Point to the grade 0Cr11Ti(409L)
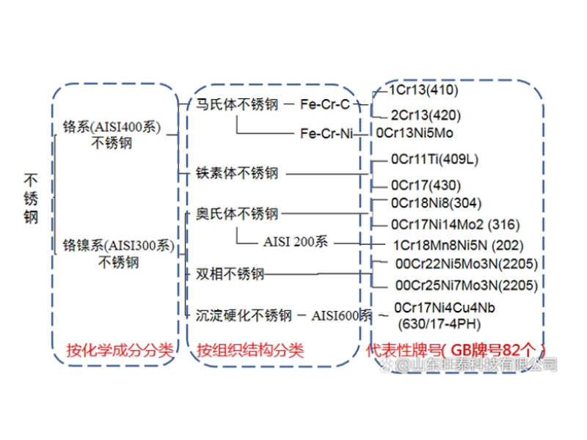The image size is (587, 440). [434, 159]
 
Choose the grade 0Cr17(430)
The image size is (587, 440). [426, 185]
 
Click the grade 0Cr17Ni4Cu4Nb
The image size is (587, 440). [444, 307]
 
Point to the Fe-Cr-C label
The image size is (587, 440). [325, 105]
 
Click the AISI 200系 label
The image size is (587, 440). [295, 242]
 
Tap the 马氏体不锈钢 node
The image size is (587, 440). [237, 105]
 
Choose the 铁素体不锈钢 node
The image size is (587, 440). [237, 174]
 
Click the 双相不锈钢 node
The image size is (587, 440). [230, 274]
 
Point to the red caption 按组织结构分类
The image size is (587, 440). [249, 350]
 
